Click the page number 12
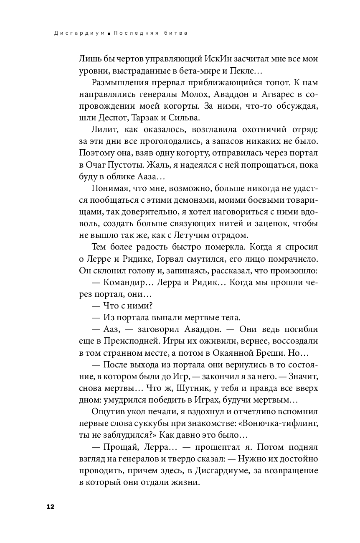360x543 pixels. (51, 507)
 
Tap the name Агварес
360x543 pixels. (276, 94)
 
